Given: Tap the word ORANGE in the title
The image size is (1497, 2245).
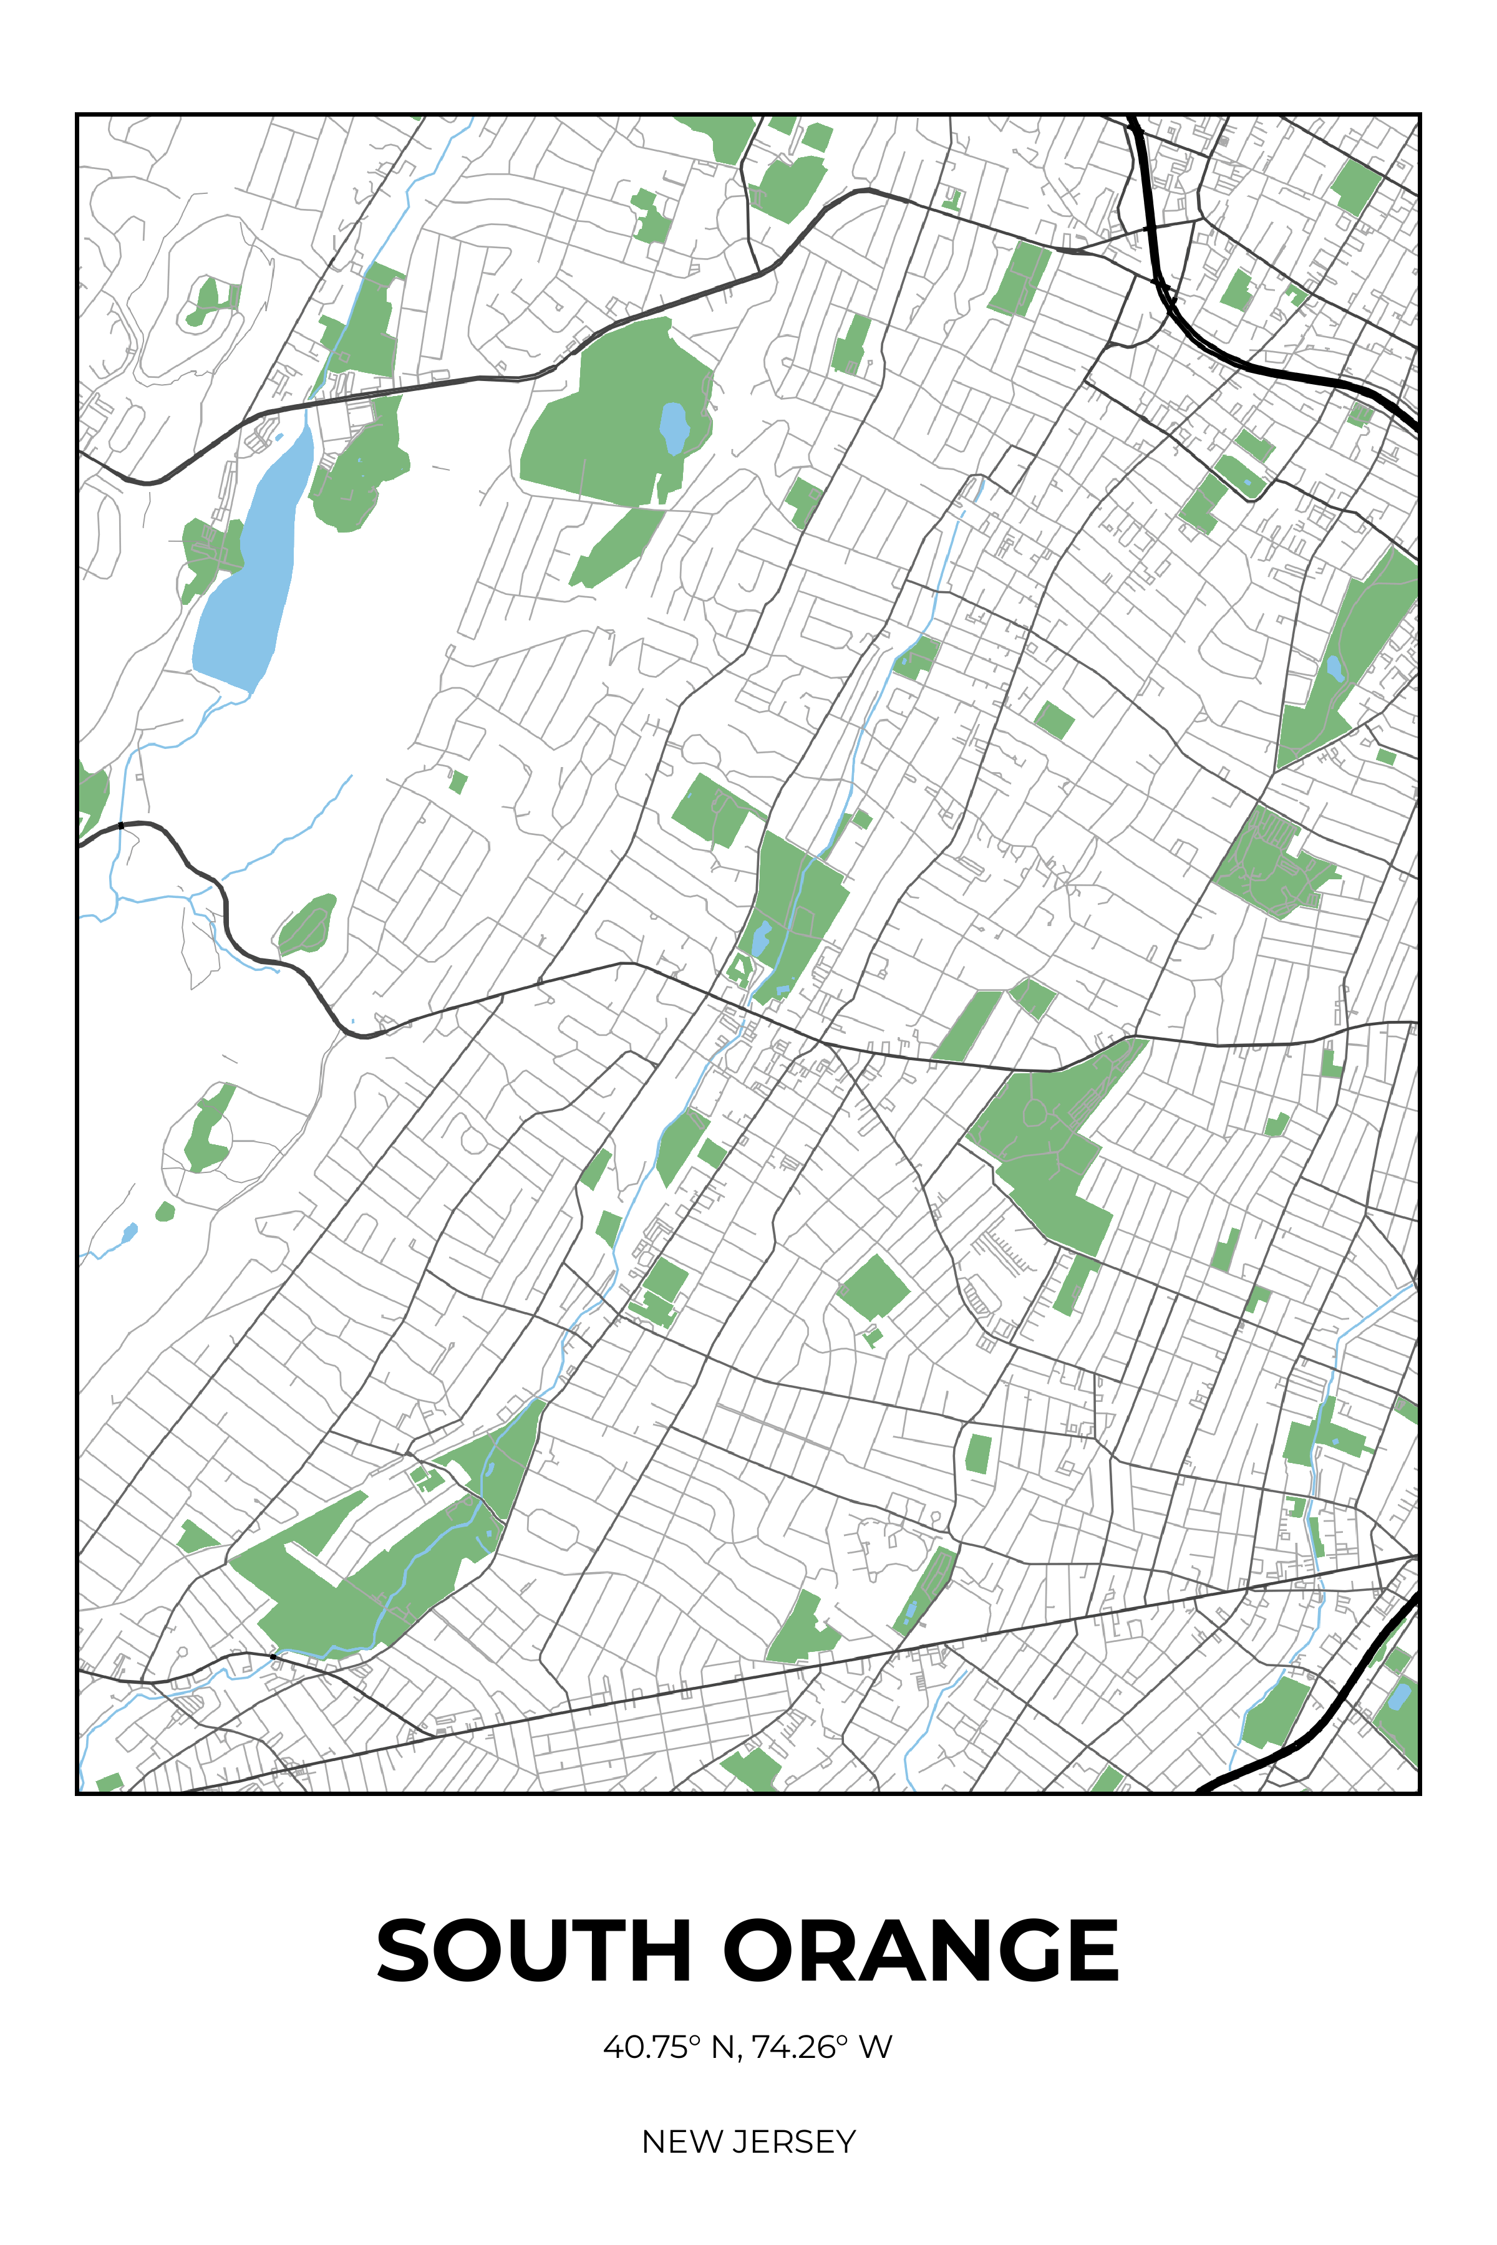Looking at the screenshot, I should pos(921,1950).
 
